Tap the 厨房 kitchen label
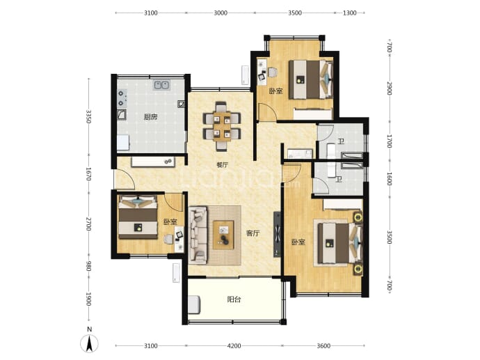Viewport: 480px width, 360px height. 150,117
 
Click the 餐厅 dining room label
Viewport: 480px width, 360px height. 222,165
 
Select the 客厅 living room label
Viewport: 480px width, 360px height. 253,233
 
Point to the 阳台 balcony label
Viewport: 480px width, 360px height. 234,299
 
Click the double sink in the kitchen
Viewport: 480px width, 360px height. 161,85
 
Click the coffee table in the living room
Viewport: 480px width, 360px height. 223,235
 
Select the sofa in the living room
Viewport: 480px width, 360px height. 198,235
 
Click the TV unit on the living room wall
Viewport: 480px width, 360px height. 277,235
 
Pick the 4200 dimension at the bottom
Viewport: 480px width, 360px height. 234,346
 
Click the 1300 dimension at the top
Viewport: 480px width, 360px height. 349,13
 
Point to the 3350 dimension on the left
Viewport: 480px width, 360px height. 88,116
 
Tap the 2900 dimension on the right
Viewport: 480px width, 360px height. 389,88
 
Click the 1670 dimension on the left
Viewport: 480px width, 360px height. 88,173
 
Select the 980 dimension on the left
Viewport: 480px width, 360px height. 88,266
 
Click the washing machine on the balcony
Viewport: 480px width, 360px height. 194,304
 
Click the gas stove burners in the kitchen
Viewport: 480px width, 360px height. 122,98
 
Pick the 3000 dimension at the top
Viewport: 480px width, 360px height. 221,13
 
